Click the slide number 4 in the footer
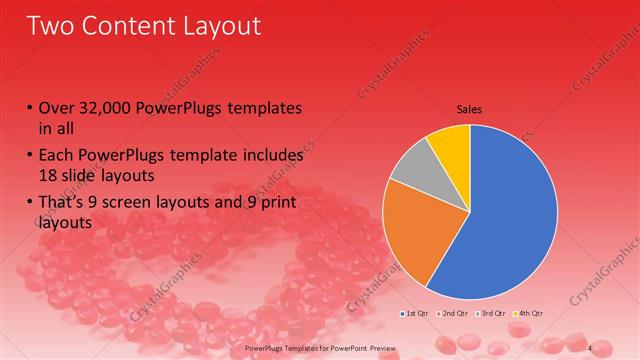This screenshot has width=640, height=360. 590,347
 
